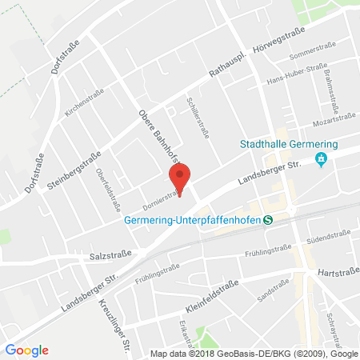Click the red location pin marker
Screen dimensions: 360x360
coord(180,178)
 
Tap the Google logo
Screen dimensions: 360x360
coord(27,350)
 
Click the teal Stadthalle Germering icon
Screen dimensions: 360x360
coord(322,159)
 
